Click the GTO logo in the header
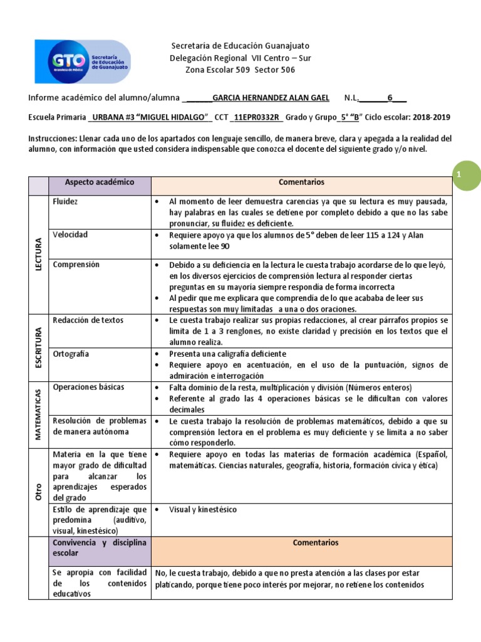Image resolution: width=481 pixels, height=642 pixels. pos(83,61)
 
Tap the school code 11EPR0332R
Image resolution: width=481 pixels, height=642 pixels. pos(257,117)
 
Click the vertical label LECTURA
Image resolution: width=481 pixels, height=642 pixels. pos(38,254)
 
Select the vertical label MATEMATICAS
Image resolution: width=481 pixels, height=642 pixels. pos(38,414)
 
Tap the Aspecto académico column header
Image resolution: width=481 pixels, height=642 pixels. pos(100,182)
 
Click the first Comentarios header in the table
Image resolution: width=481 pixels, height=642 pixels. pos(301,182)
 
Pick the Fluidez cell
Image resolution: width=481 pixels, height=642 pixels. pos(66,202)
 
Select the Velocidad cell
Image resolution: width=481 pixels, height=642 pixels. pos(70,234)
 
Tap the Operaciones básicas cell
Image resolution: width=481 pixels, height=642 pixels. pos(88,387)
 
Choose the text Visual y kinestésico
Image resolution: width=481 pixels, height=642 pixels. pos(203,510)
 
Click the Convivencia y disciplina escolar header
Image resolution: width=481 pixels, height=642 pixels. pos(100,548)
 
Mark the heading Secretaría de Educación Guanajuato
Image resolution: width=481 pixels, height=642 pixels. pos(240,46)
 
